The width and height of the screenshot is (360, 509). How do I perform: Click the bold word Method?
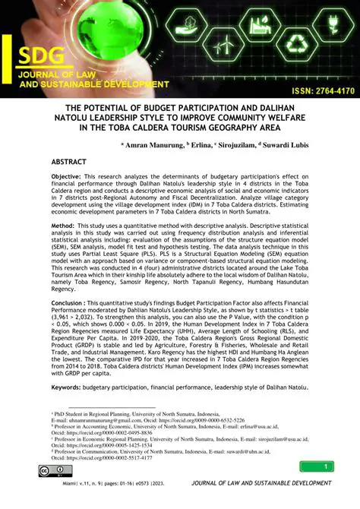click(65, 247)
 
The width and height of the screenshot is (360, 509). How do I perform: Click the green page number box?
click(327, 466)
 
